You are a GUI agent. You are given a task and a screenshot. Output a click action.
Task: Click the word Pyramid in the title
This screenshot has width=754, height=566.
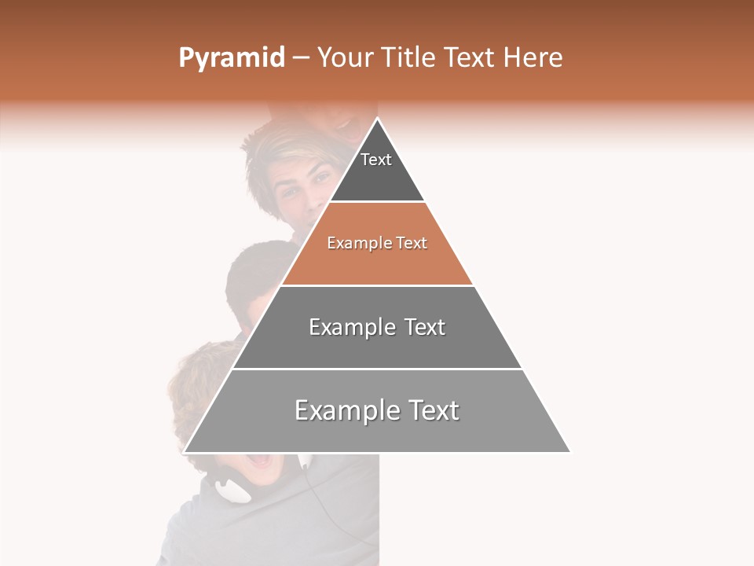pyautogui.click(x=231, y=58)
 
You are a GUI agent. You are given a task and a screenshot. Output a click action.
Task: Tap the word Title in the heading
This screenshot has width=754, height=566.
pyautogui.click(x=411, y=58)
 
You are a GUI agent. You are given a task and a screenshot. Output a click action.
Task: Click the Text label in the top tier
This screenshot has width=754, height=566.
pyautogui.click(x=376, y=160)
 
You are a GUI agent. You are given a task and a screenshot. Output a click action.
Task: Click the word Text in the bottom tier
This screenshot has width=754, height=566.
pyautogui.click(x=431, y=410)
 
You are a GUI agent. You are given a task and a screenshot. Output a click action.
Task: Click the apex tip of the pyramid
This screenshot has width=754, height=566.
pyautogui.click(x=377, y=119)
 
